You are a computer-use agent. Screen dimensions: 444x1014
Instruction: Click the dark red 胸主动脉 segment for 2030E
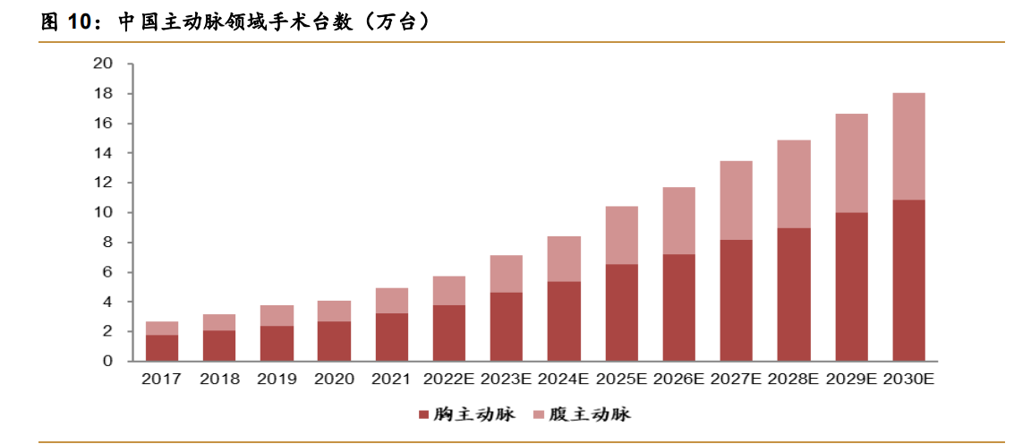pyautogui.click(x=908, y=280)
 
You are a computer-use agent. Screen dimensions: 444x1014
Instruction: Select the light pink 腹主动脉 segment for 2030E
pyautogui.click(x=908, y=146)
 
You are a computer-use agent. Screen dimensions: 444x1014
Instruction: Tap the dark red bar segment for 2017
pyautogui.click(x=162, y=348)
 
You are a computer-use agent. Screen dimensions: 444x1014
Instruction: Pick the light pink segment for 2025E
pyautogui.click(x=621, y=235)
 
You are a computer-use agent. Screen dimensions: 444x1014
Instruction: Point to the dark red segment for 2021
pyautogui.click(x=391, y=337)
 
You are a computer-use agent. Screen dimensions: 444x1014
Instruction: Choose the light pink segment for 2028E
pyautogui.click(x=794, y=184)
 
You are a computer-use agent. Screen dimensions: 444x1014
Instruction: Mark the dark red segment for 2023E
pyautogui.click(x=507, y=327)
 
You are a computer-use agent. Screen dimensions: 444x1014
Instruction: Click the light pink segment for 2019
pyautogui.click(x=277, y=315)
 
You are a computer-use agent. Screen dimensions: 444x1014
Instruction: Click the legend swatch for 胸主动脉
pyautogui.click(x=423, y=414)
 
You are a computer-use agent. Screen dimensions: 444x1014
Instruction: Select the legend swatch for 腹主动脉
pyautogui.click(x=538, y=414)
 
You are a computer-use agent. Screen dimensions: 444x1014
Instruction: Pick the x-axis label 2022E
pyautogui.click(x=448, y=380)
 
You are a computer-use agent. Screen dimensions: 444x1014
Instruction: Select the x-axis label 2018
pyautogui.click(x=219, y=380)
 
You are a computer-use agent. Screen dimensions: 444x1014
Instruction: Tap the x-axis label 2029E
pyautogui.click(x=851, y=380)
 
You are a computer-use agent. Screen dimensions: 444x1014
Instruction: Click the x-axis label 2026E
pyautogui.click(x=678, y=380)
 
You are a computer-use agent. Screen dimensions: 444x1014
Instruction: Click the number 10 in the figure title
pyautogui.click(x=81, y=22)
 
